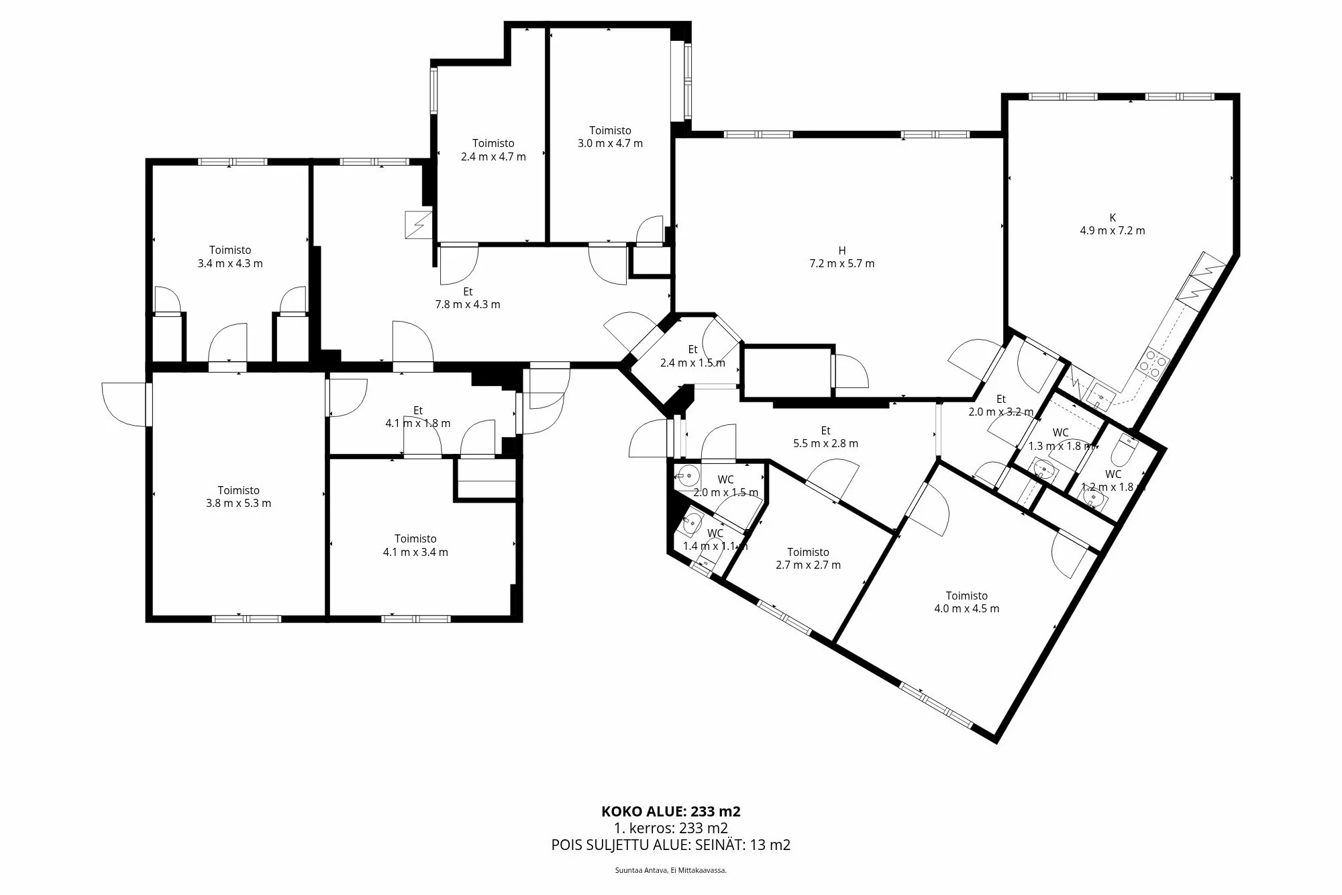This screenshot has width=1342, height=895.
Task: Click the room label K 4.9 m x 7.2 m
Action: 1112,224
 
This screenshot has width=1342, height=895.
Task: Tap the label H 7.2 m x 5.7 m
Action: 841,257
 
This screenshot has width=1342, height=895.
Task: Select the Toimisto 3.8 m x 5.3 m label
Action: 238,497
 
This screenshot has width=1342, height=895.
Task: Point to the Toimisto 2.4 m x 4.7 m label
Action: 493,150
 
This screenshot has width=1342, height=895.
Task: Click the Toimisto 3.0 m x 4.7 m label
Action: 610,137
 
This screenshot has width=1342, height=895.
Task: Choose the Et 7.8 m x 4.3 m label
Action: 468,298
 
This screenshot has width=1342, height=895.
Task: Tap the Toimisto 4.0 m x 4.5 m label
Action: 966,602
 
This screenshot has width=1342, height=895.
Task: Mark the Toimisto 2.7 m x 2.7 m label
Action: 808,559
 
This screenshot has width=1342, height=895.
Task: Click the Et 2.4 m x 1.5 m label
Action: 692,357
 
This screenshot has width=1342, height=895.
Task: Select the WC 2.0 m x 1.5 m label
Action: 725,486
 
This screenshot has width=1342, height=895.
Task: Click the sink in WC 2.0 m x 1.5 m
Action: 685,476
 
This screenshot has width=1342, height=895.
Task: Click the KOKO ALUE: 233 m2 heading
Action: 671,811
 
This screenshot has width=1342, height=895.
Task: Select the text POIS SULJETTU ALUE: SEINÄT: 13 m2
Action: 671,845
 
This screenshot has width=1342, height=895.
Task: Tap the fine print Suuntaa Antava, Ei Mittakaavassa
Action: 671,870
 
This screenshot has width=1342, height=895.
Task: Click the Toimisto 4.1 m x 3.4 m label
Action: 415,545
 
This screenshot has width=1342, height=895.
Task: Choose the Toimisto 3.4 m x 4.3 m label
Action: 230,257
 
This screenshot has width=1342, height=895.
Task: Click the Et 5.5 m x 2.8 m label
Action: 825,437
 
